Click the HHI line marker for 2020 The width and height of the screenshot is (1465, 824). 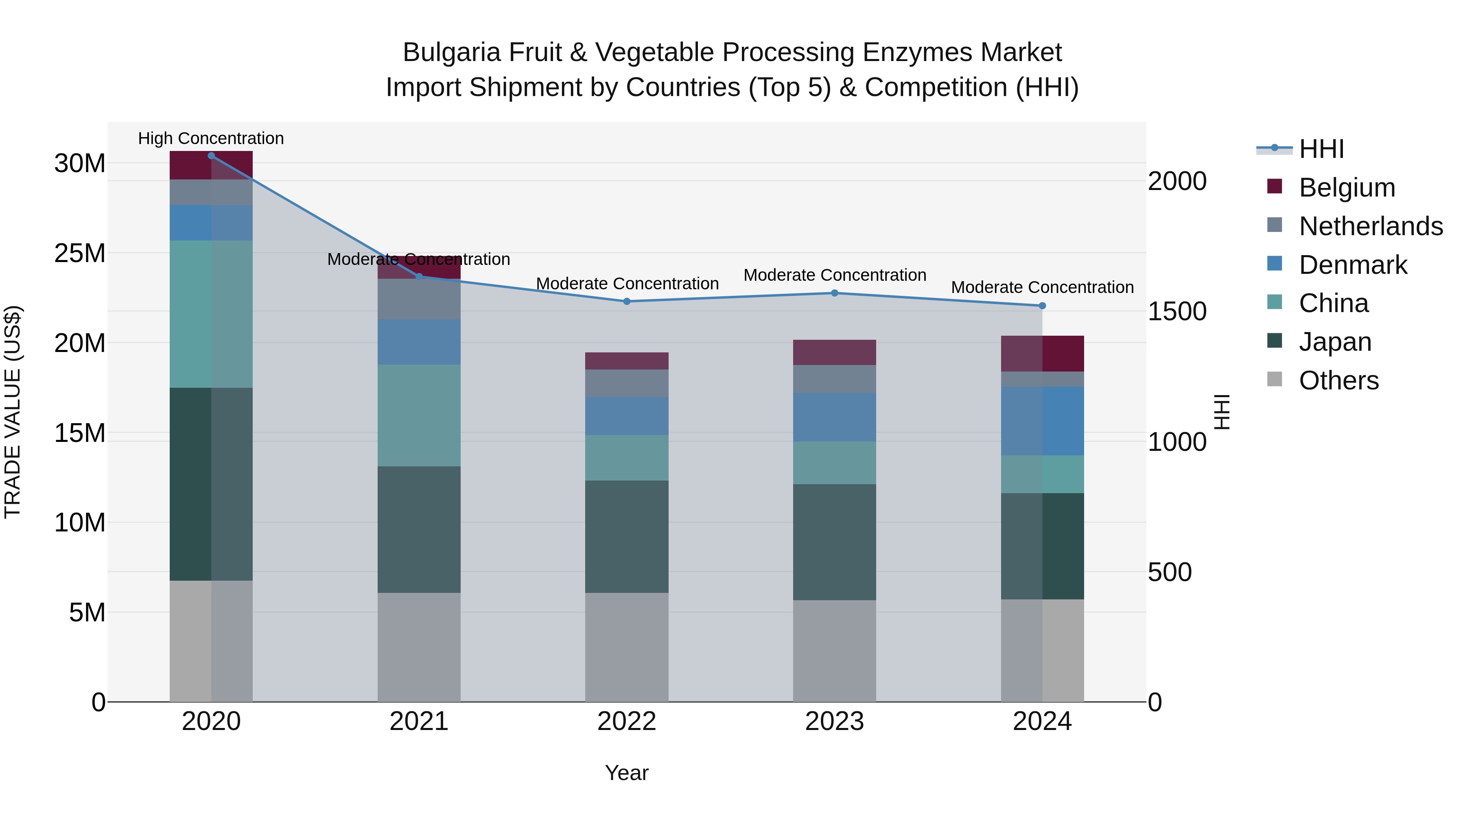click(211, 155)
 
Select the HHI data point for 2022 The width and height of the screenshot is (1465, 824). click(627, 302)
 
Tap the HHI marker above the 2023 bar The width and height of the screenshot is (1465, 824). click(834, 293)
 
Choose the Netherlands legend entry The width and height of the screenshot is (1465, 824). click(1371, 226)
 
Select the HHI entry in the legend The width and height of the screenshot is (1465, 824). click(1321, 149)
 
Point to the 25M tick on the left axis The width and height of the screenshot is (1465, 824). click(80, 253)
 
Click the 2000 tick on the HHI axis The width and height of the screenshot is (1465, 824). click(1176, 181)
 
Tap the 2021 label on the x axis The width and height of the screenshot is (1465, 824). click(419, 721)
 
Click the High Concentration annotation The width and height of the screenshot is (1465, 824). click(210, 138)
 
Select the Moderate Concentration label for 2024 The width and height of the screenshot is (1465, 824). click(1042, 287)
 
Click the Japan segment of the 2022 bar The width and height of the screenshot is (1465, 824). click(627, 536)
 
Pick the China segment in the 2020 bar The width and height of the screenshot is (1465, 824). click(211, 314)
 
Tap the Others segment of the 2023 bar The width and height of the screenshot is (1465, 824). click(834, 651)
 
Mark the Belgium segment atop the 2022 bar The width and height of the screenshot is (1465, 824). click(627, 361)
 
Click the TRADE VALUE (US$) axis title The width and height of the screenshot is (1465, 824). click(13, 412)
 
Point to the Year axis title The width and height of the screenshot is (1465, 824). click(627, 773)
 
